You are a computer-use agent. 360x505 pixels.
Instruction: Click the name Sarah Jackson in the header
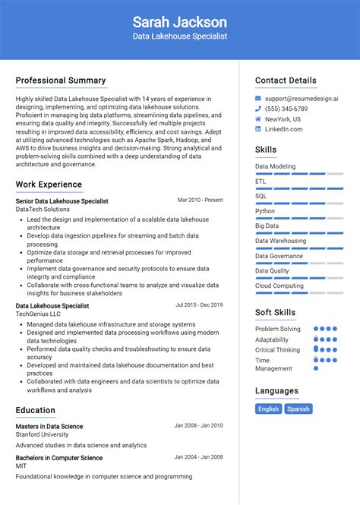click(179, 21)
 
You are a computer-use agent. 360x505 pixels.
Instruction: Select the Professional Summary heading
click(61, 80)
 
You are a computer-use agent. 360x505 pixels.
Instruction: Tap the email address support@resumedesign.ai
click(302, 99)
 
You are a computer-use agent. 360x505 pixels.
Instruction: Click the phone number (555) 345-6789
click(286, 109)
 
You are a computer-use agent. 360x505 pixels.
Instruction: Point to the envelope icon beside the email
click(258, 99)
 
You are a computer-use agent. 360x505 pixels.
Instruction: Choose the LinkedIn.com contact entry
click(283, 129)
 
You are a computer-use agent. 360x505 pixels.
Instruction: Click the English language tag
click(268, 409)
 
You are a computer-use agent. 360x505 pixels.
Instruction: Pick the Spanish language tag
click(298, 409)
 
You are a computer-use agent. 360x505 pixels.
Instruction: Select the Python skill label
click(265, 211)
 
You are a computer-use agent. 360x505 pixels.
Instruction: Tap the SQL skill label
click(261, 196)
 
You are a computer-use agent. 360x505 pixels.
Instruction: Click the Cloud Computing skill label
click(279, 286)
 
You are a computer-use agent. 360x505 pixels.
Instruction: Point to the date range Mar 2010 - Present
click(200, 200)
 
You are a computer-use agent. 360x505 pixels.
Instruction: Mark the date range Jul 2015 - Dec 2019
click(199, 305)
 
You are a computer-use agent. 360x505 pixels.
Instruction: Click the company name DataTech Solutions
click(43, 209)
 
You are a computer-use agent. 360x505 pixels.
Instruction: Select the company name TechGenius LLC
click(39, 314)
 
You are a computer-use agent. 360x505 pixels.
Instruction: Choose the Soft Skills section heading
click(276, 312)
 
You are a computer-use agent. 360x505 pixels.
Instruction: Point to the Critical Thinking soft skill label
click(277, 350)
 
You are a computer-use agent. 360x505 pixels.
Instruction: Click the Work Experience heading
click(49, 185)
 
